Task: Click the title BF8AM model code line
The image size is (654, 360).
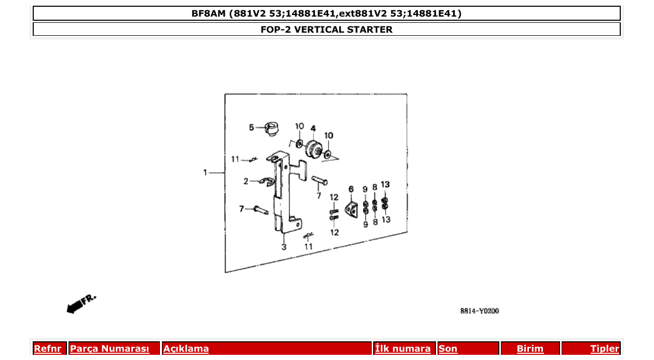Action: pyautogui.click(x=326, y=13)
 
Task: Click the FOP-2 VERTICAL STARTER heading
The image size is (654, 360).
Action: pyautogui.click(x=326, y=30)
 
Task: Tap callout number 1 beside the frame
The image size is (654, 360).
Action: pyautogui.click(x=206, y=172)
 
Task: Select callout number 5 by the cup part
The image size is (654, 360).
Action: pyautogui.click(x=251, y=127)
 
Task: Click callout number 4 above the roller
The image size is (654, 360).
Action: pyautogui.click(x=314, y=128)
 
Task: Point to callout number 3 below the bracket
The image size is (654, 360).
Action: pyautogui.click(x=284, y=247)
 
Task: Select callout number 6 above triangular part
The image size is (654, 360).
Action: pyautogui.click(x=351, y=189)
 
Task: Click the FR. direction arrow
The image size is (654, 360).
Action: pyautogui.click(x=80, y=304)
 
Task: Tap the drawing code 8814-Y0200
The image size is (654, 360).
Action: pyautogui.click(x=479, y=311)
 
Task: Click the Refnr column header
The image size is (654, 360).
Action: pyautogui.click(x=47, y=349)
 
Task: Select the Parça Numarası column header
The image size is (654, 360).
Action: pyautogui.click(x=109, y=349)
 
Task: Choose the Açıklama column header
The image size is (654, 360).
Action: pyautogui.click(x=186, y=349)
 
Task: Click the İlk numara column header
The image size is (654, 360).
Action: pyautogui.click(x=403, y=349)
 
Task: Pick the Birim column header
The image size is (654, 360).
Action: pyautogui.click(x=530, y=349)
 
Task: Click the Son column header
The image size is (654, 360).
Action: pyautogui.click(x=448, y=349)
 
